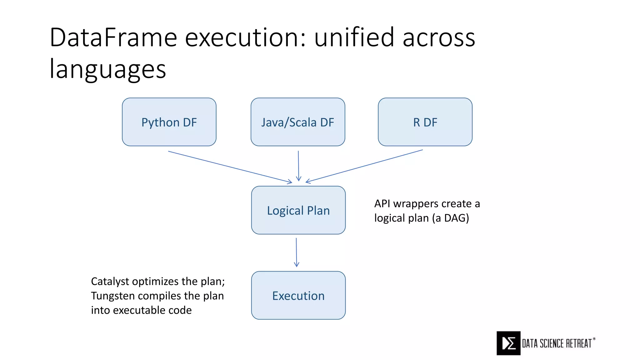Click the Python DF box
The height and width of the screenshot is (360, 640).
coord(169,122)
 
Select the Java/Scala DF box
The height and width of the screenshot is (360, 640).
coord(298,122)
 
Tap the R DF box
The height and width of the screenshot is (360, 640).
coord(425,122)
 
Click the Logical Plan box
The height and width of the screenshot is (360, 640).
coord(298,210)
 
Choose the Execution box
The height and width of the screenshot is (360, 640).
coord(298,295)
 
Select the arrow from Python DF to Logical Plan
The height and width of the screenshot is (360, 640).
coord(230,167)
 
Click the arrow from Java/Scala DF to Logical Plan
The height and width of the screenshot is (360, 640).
coord(298,166)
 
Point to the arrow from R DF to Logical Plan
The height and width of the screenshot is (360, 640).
coord(364,166)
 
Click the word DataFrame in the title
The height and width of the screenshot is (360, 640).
coord(113,37)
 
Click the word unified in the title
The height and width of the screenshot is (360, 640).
coord(354,37)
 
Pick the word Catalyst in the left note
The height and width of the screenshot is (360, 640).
coord(110,282)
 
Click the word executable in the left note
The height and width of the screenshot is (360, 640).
coord(139,310)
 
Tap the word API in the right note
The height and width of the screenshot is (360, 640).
coord(382,204)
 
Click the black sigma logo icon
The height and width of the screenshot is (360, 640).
coord(508,343)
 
